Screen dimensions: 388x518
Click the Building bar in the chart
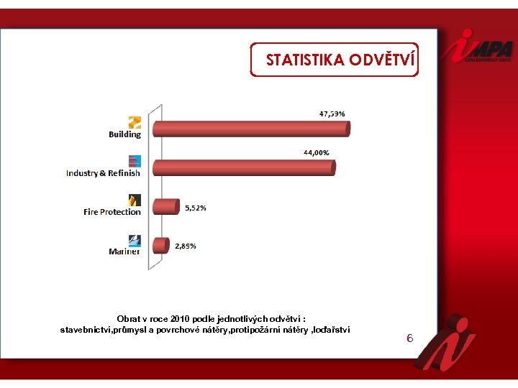(x=250, y=129)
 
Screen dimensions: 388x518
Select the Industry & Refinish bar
(x=243, y=167)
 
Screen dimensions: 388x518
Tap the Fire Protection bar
(x=165, y=206)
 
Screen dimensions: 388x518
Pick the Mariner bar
(x=160, y=246)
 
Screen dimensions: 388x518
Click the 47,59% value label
(x=332, y=113)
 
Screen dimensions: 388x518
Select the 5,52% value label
(x=196, y=208)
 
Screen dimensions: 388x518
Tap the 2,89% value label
(x=186, y=246)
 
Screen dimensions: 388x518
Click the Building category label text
(x=125, y=134)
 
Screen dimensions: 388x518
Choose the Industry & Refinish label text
(x=103, y=173)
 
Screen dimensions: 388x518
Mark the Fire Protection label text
(x=112, y=212)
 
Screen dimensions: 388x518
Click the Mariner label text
(x=124, y=251)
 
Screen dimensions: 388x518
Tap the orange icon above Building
(x=135, y=121)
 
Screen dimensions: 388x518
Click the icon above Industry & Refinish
(x=135, y=161)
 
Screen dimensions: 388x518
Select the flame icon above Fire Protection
(x=135, y=200)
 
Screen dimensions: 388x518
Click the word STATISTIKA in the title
(x=305, y=60)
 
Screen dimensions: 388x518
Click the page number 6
(x=409, y=338)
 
